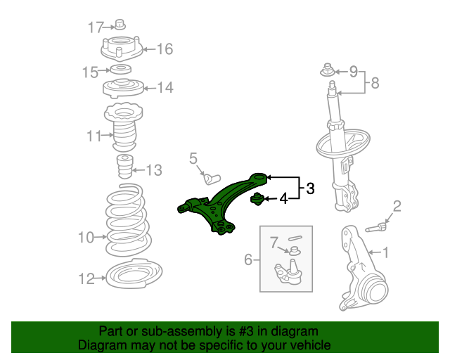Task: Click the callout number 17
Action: click(x=95, y=27)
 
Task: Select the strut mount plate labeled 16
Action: click(x=122, y=49)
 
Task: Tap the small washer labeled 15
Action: click(x=121, y=70)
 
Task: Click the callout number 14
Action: click(x=165, y=87)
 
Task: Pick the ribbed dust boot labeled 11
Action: click(x=124, y=128)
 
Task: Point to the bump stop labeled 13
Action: click(x=125, y=166)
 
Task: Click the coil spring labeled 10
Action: click(x=128, y=220)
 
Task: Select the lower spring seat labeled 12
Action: click(x=134, y=274)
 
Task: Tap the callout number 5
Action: click(x=193, y=158)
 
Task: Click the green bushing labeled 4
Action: click(x=257, y=199)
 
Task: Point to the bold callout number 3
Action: click(x=310, y=188)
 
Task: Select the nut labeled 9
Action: click(x=328, y=70)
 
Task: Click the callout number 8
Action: click(x=375, y=83)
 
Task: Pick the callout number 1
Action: click(x=385, y=252)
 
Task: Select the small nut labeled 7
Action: click(x=295, y=251)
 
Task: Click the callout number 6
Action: click(x=248, y=259)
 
